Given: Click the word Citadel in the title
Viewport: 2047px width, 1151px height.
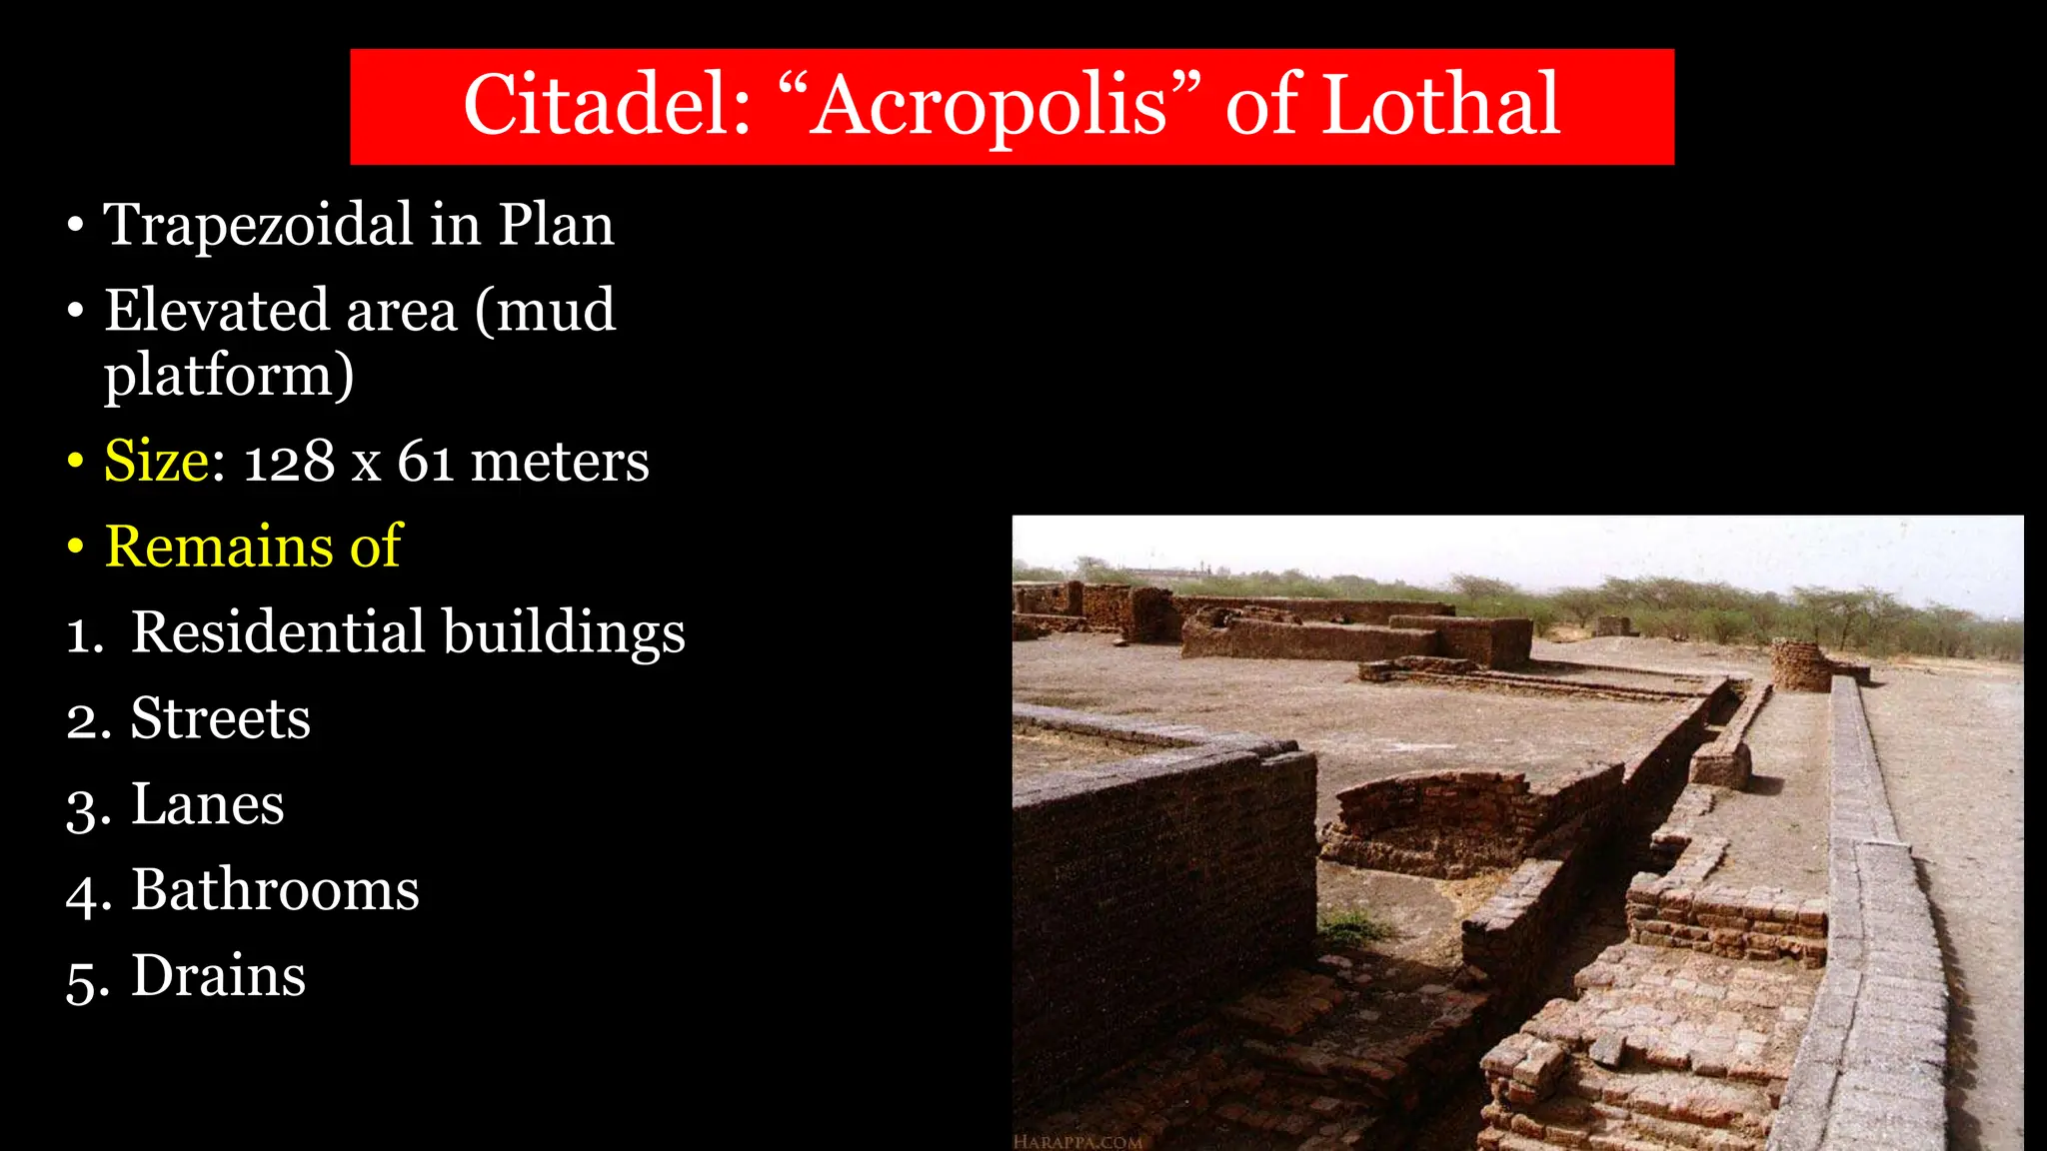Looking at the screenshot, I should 607,105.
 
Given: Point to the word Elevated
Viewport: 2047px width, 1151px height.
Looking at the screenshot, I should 217,311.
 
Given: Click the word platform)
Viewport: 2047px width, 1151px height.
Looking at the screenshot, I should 229,376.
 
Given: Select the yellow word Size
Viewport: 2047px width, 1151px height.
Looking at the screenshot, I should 157,462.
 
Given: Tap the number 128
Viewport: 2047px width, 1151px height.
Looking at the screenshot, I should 289,463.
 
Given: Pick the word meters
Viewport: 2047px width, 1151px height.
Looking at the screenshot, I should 560,463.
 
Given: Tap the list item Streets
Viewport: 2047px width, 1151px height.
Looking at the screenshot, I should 220,718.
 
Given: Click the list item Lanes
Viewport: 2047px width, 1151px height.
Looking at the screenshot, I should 207,804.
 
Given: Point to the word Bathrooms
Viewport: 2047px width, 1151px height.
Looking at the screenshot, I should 275,890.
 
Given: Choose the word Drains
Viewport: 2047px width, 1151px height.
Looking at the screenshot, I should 218,976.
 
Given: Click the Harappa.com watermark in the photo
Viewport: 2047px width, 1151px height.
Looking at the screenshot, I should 1077,1141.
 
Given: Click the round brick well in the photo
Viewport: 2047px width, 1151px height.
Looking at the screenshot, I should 1801,664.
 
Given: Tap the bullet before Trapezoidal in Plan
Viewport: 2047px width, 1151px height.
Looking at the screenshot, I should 76,226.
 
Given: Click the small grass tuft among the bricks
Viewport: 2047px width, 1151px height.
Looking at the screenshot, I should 1349,927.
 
